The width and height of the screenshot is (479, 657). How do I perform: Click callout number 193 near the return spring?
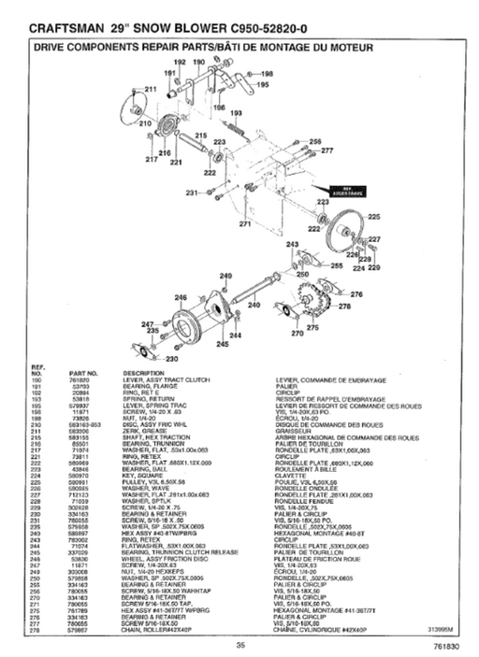click(237, 113)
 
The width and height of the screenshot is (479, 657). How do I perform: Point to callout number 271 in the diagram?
click(245, 224)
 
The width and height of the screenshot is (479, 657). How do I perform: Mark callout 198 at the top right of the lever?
click(267, 73)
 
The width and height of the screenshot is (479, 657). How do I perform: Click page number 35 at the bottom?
click(240, 645)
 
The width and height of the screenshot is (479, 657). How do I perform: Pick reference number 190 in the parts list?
click(39, 378)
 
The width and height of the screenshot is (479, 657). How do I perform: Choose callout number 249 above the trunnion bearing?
click(225, 276)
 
